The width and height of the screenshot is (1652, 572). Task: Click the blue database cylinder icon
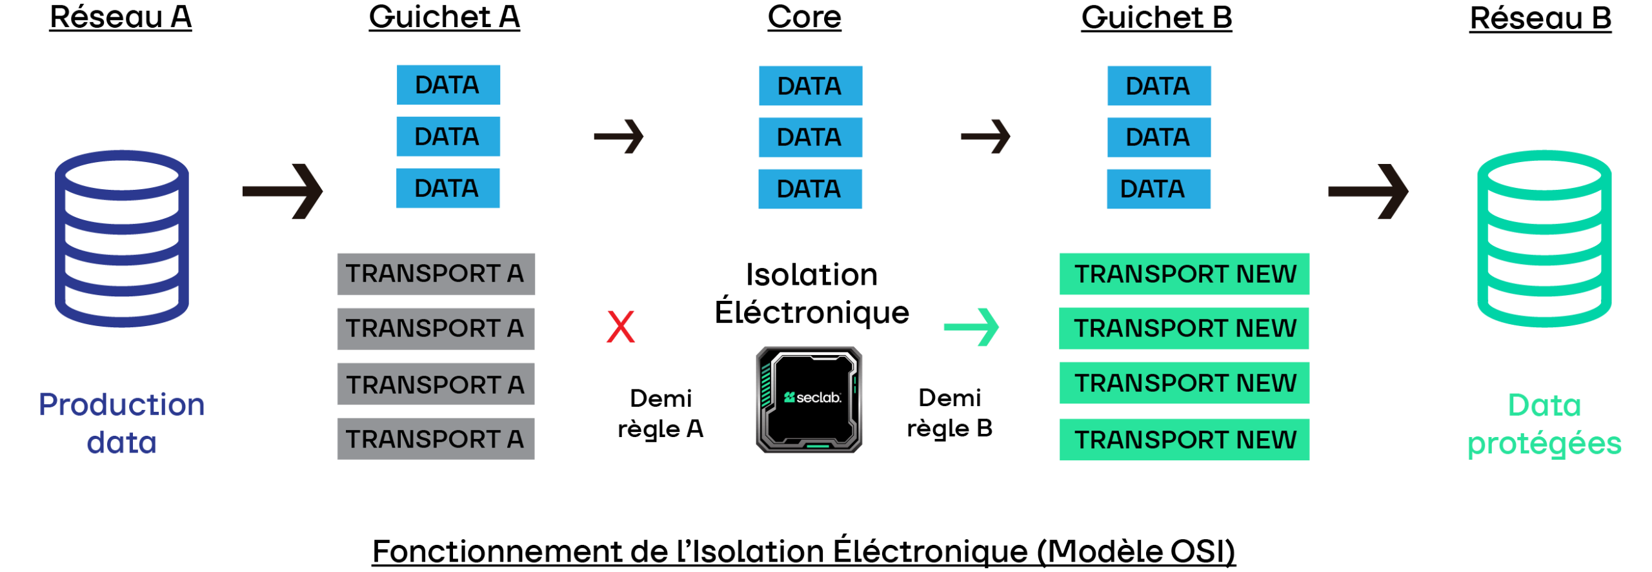(121, 239)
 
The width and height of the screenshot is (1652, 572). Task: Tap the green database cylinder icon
(1544, 239)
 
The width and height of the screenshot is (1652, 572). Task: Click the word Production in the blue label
(121, 405)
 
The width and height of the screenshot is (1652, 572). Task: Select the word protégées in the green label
(1544, 444)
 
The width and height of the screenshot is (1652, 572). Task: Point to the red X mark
(621, 327)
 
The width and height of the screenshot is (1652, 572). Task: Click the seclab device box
(809, 400)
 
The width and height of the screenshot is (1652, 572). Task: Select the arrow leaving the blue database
(283, 191)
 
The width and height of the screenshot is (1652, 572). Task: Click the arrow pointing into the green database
(1368, 191)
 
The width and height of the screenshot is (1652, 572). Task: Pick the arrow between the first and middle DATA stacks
(619, 136)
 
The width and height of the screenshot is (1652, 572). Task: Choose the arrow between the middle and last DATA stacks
(985, 136)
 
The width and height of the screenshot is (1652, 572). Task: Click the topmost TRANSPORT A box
(436, 274)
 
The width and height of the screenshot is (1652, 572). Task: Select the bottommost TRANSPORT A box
(436, 439)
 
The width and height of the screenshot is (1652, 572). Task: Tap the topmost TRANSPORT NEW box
(1184, 274)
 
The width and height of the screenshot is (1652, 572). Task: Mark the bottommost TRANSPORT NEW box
(1184, 440)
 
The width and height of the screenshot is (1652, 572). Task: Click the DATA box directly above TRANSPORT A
(448, 188)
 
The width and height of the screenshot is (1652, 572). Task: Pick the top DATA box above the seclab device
(810, 86)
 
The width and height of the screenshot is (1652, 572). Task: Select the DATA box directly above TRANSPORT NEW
(1158, 189)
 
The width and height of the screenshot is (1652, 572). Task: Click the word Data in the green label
(1544, 405)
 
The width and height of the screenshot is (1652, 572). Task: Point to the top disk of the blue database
(121, 174)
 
